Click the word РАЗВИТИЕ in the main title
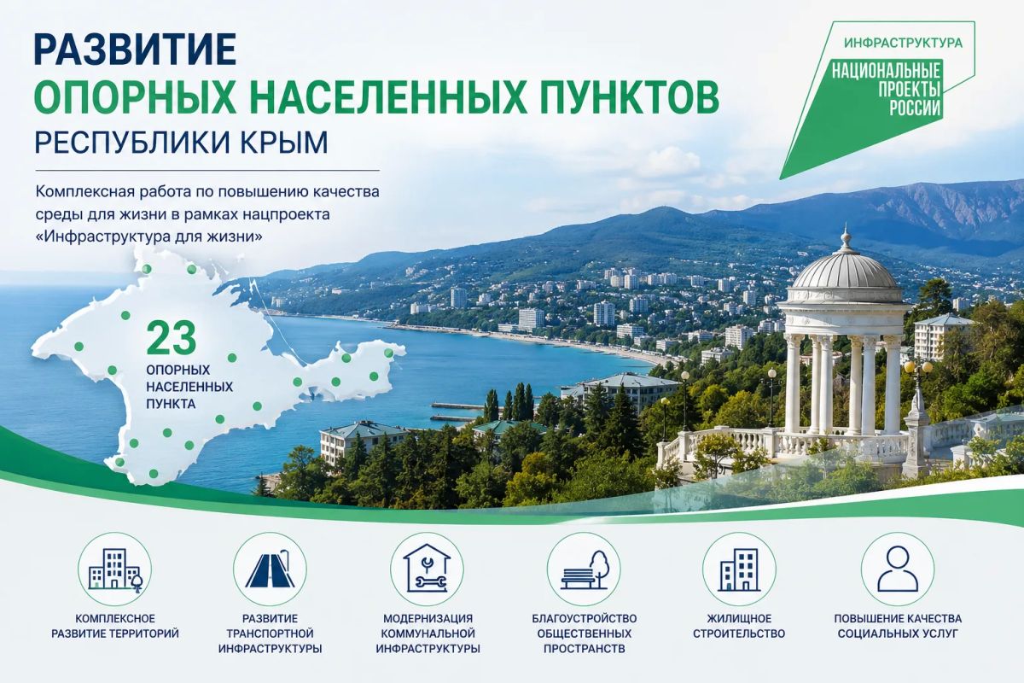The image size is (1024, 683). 136,49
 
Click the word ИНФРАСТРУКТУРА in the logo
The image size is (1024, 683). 904,43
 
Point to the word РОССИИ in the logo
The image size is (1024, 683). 914,108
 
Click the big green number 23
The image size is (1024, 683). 172,339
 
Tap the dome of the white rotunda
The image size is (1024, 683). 844,271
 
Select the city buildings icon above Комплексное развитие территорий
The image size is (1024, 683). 114,569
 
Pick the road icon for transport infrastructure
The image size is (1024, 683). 270,569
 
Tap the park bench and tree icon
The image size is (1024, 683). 584,569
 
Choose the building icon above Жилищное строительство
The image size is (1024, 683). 739,569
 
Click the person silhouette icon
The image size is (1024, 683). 898,569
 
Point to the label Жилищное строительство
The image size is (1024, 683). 739,627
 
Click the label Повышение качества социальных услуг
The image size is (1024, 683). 898,627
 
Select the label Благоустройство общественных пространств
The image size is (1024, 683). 585,633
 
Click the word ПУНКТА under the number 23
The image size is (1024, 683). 171,404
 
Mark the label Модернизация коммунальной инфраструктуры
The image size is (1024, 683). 428,633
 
